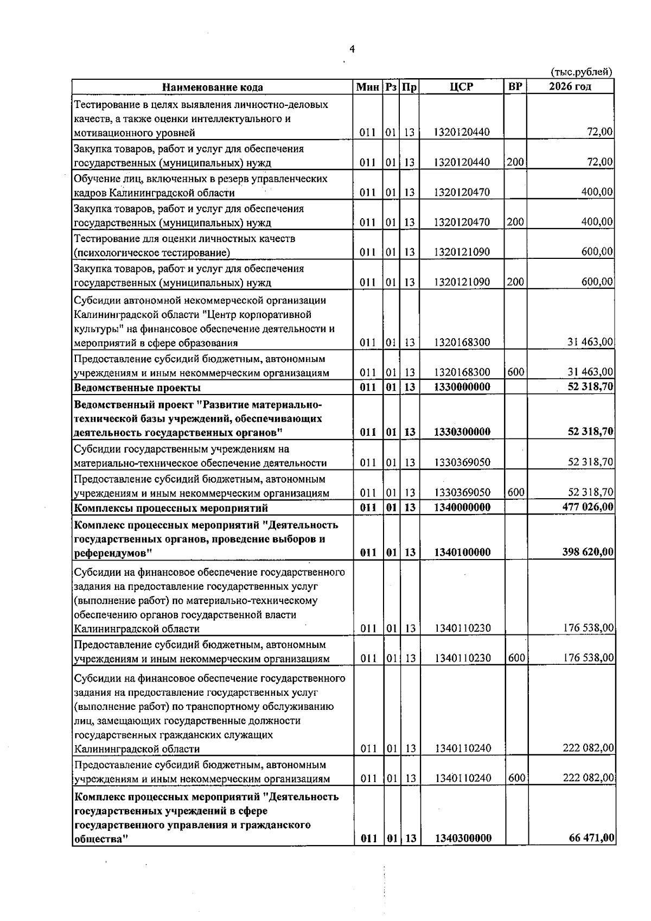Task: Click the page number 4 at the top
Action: [x=352, y=50]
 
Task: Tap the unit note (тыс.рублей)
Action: [x=582, y=72]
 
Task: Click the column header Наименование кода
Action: [x=213, y=87]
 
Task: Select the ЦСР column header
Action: [x=462, y=87]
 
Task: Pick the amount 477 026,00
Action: [x=587, y=507]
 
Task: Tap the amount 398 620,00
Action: [x=587, y=552]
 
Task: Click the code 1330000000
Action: [x=462, y=387]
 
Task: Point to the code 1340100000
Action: [x=462, y=552]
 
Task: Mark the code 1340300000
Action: [x=463, y=854]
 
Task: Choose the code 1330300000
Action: [x=462, y=432]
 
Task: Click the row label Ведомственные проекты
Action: [x=137, y=388]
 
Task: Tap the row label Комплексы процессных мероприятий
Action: [x=171, y=509]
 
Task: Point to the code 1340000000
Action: [x=462, y=507]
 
